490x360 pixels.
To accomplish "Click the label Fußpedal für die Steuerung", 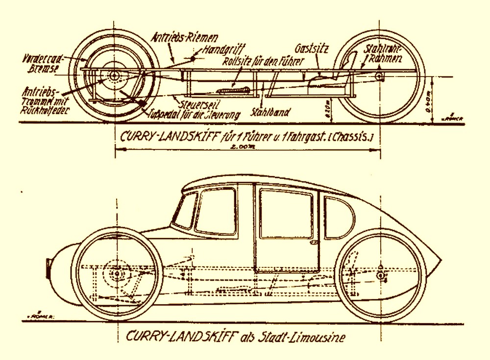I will point(195,115).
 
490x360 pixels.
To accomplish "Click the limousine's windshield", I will point(186,210).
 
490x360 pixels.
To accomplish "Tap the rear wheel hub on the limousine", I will point(380,276).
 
